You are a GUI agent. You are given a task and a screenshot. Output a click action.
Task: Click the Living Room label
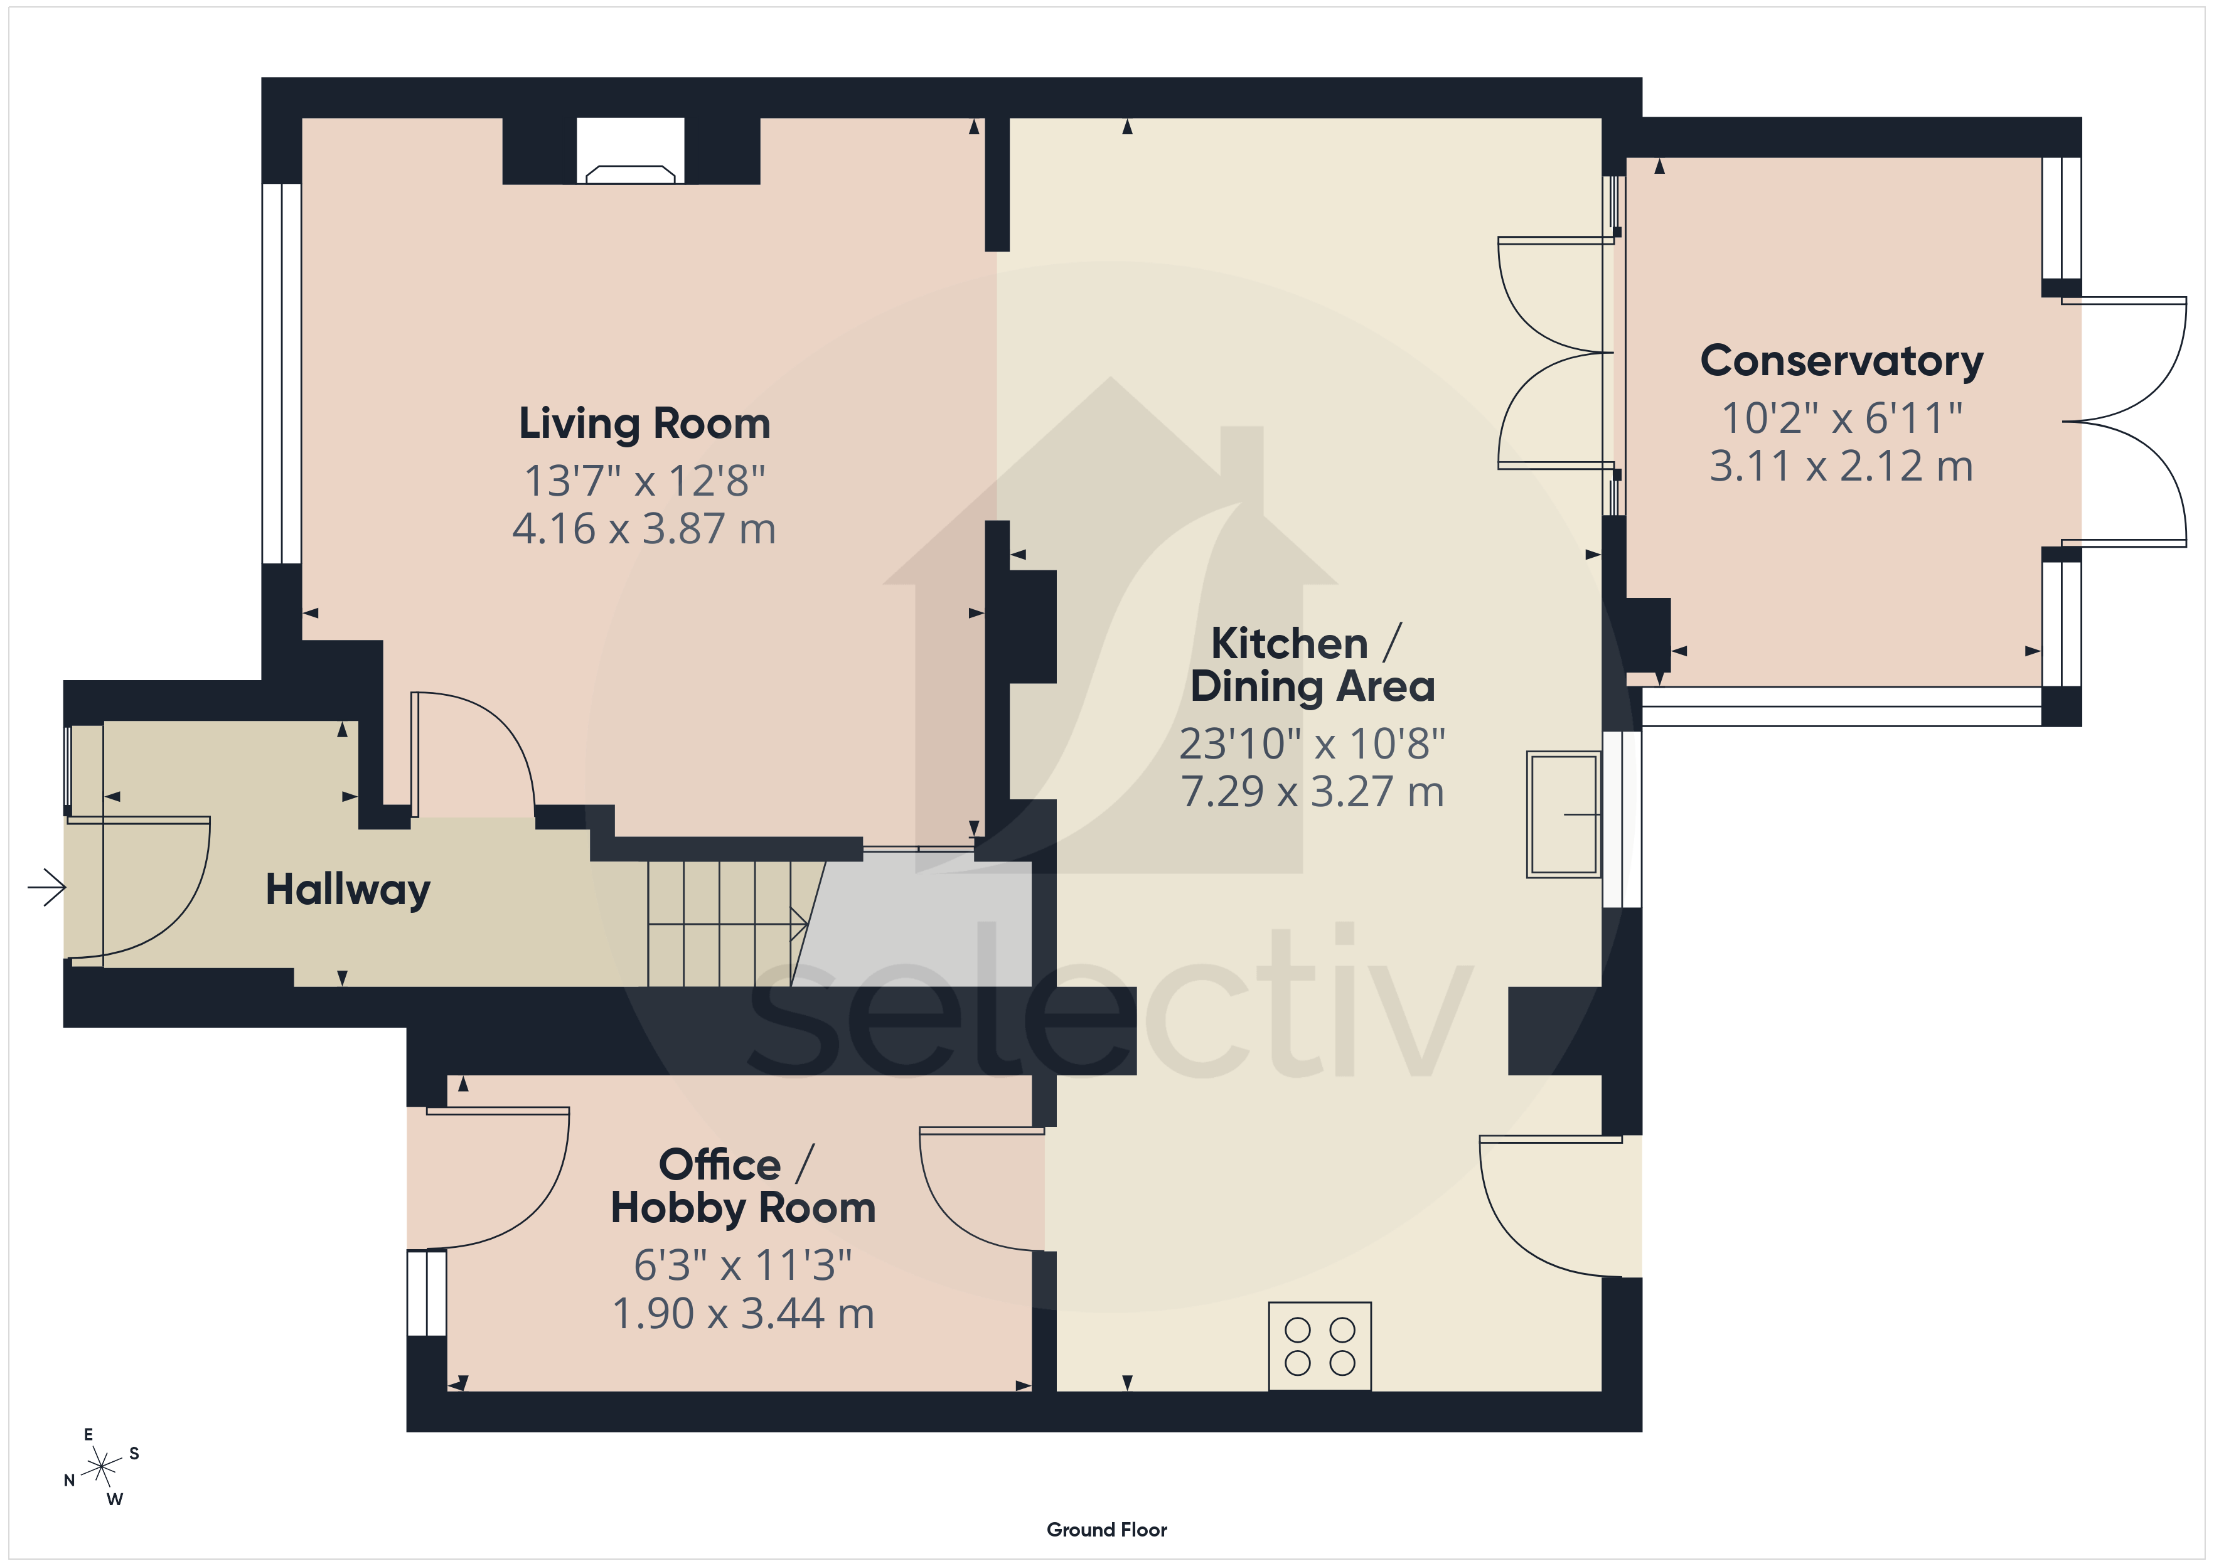(644, 424)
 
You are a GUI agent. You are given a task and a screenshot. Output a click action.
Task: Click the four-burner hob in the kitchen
(1319, 1346)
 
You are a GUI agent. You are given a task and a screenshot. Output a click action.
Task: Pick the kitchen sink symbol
(1564, 814)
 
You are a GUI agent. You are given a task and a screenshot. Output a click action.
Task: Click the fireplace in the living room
(631, 151)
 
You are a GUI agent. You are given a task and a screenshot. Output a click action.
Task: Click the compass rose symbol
(101, 1467)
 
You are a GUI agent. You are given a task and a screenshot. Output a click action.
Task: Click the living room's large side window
(282, 373)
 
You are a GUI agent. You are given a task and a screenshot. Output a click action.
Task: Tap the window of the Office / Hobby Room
(426, 1292)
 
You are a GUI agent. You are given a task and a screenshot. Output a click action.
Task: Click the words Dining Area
(1312, 686)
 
